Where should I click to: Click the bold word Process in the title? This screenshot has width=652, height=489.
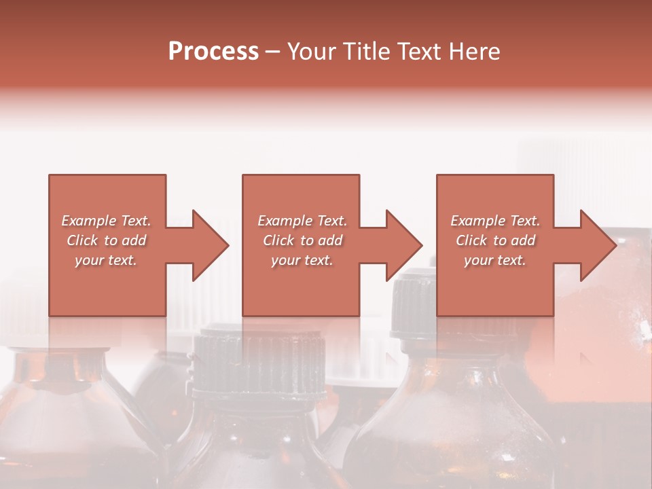(x=213, y=52)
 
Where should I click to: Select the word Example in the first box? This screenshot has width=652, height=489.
(x=89, y=221)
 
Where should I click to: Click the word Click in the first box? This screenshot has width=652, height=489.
(x=82, y=240)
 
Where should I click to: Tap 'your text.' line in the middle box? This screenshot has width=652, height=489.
(x=302, y=260)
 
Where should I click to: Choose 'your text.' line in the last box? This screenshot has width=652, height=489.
(x=495, y=260)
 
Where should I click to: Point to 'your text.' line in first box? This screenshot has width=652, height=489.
(x=106, y=260)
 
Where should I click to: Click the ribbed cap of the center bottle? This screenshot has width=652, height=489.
(x=257, y=367)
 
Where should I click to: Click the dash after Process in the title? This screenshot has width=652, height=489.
(x=273, y=52)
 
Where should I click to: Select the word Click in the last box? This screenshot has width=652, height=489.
(x=471, y=240)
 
